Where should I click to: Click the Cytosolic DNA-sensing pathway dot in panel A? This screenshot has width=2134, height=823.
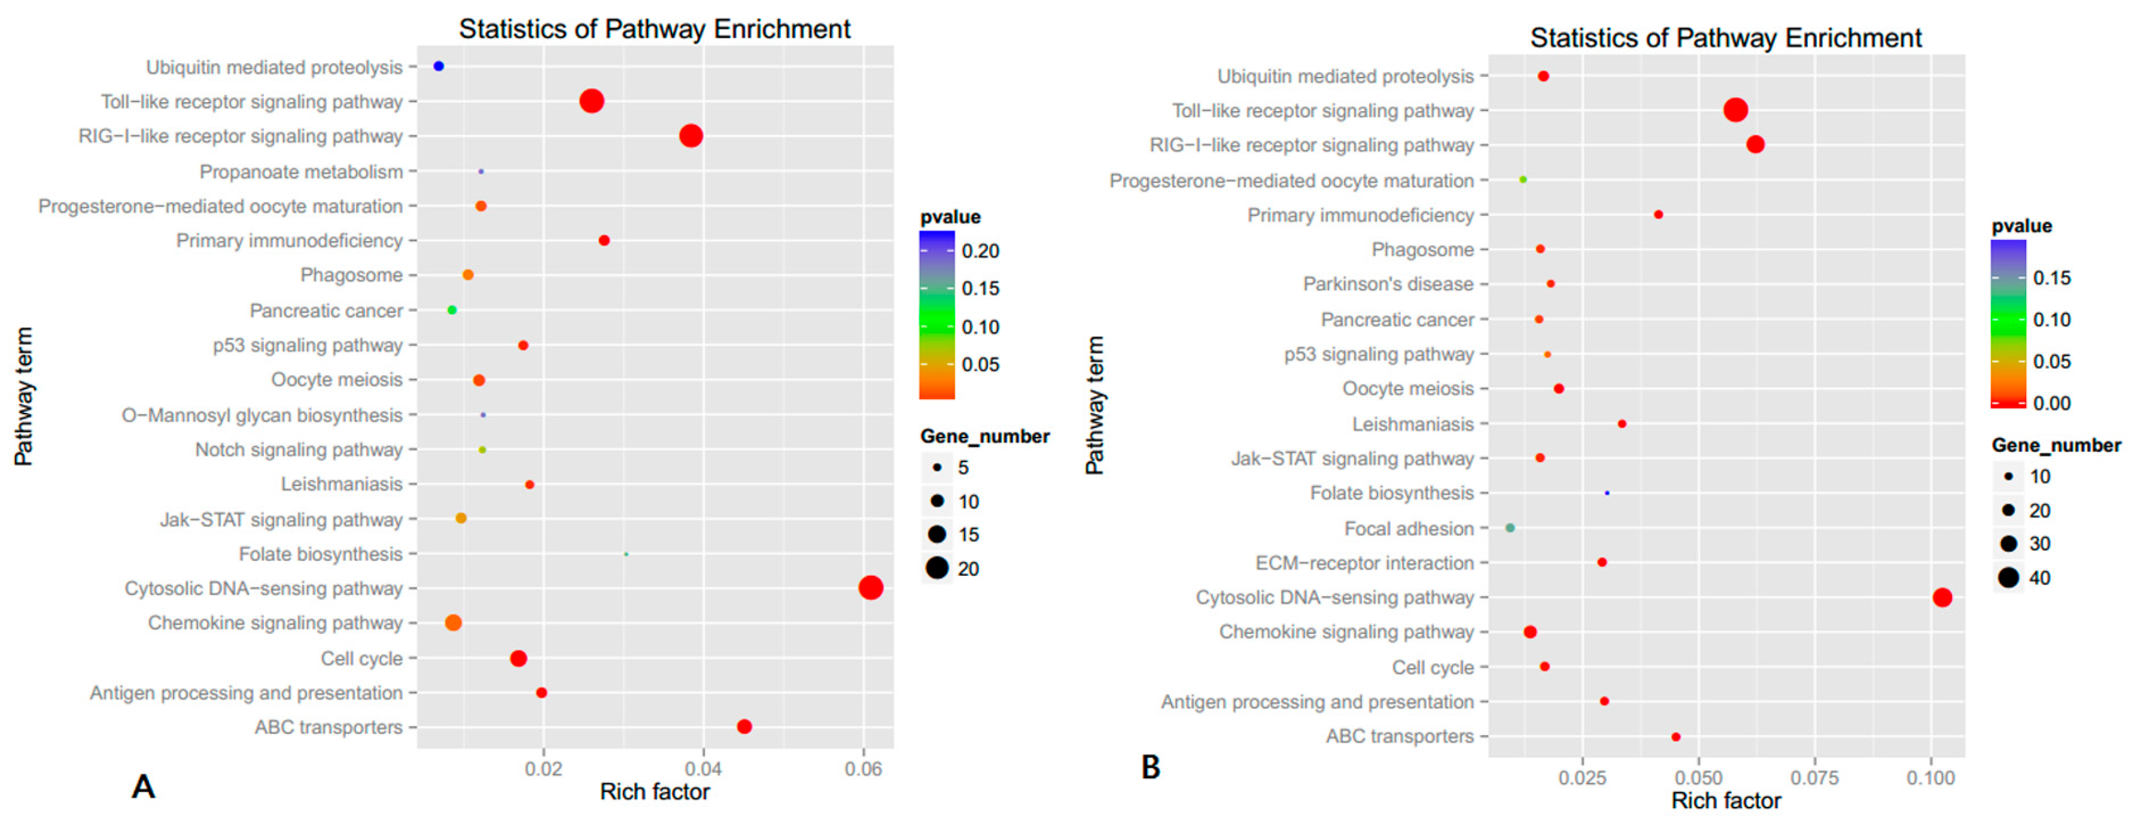870,588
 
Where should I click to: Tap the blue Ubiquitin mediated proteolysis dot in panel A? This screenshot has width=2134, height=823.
438,66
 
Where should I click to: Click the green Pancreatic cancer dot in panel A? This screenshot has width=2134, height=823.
451,310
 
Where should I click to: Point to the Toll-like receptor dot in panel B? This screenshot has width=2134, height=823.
1736,109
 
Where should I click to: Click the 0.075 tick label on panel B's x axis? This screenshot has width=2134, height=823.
1814,778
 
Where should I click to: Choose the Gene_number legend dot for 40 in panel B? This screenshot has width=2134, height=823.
2008,578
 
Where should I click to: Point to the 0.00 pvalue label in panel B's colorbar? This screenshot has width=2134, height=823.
2051,403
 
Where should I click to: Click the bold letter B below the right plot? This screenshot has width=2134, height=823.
1151,767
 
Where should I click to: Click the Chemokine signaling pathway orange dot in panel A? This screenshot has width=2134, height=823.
453,622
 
